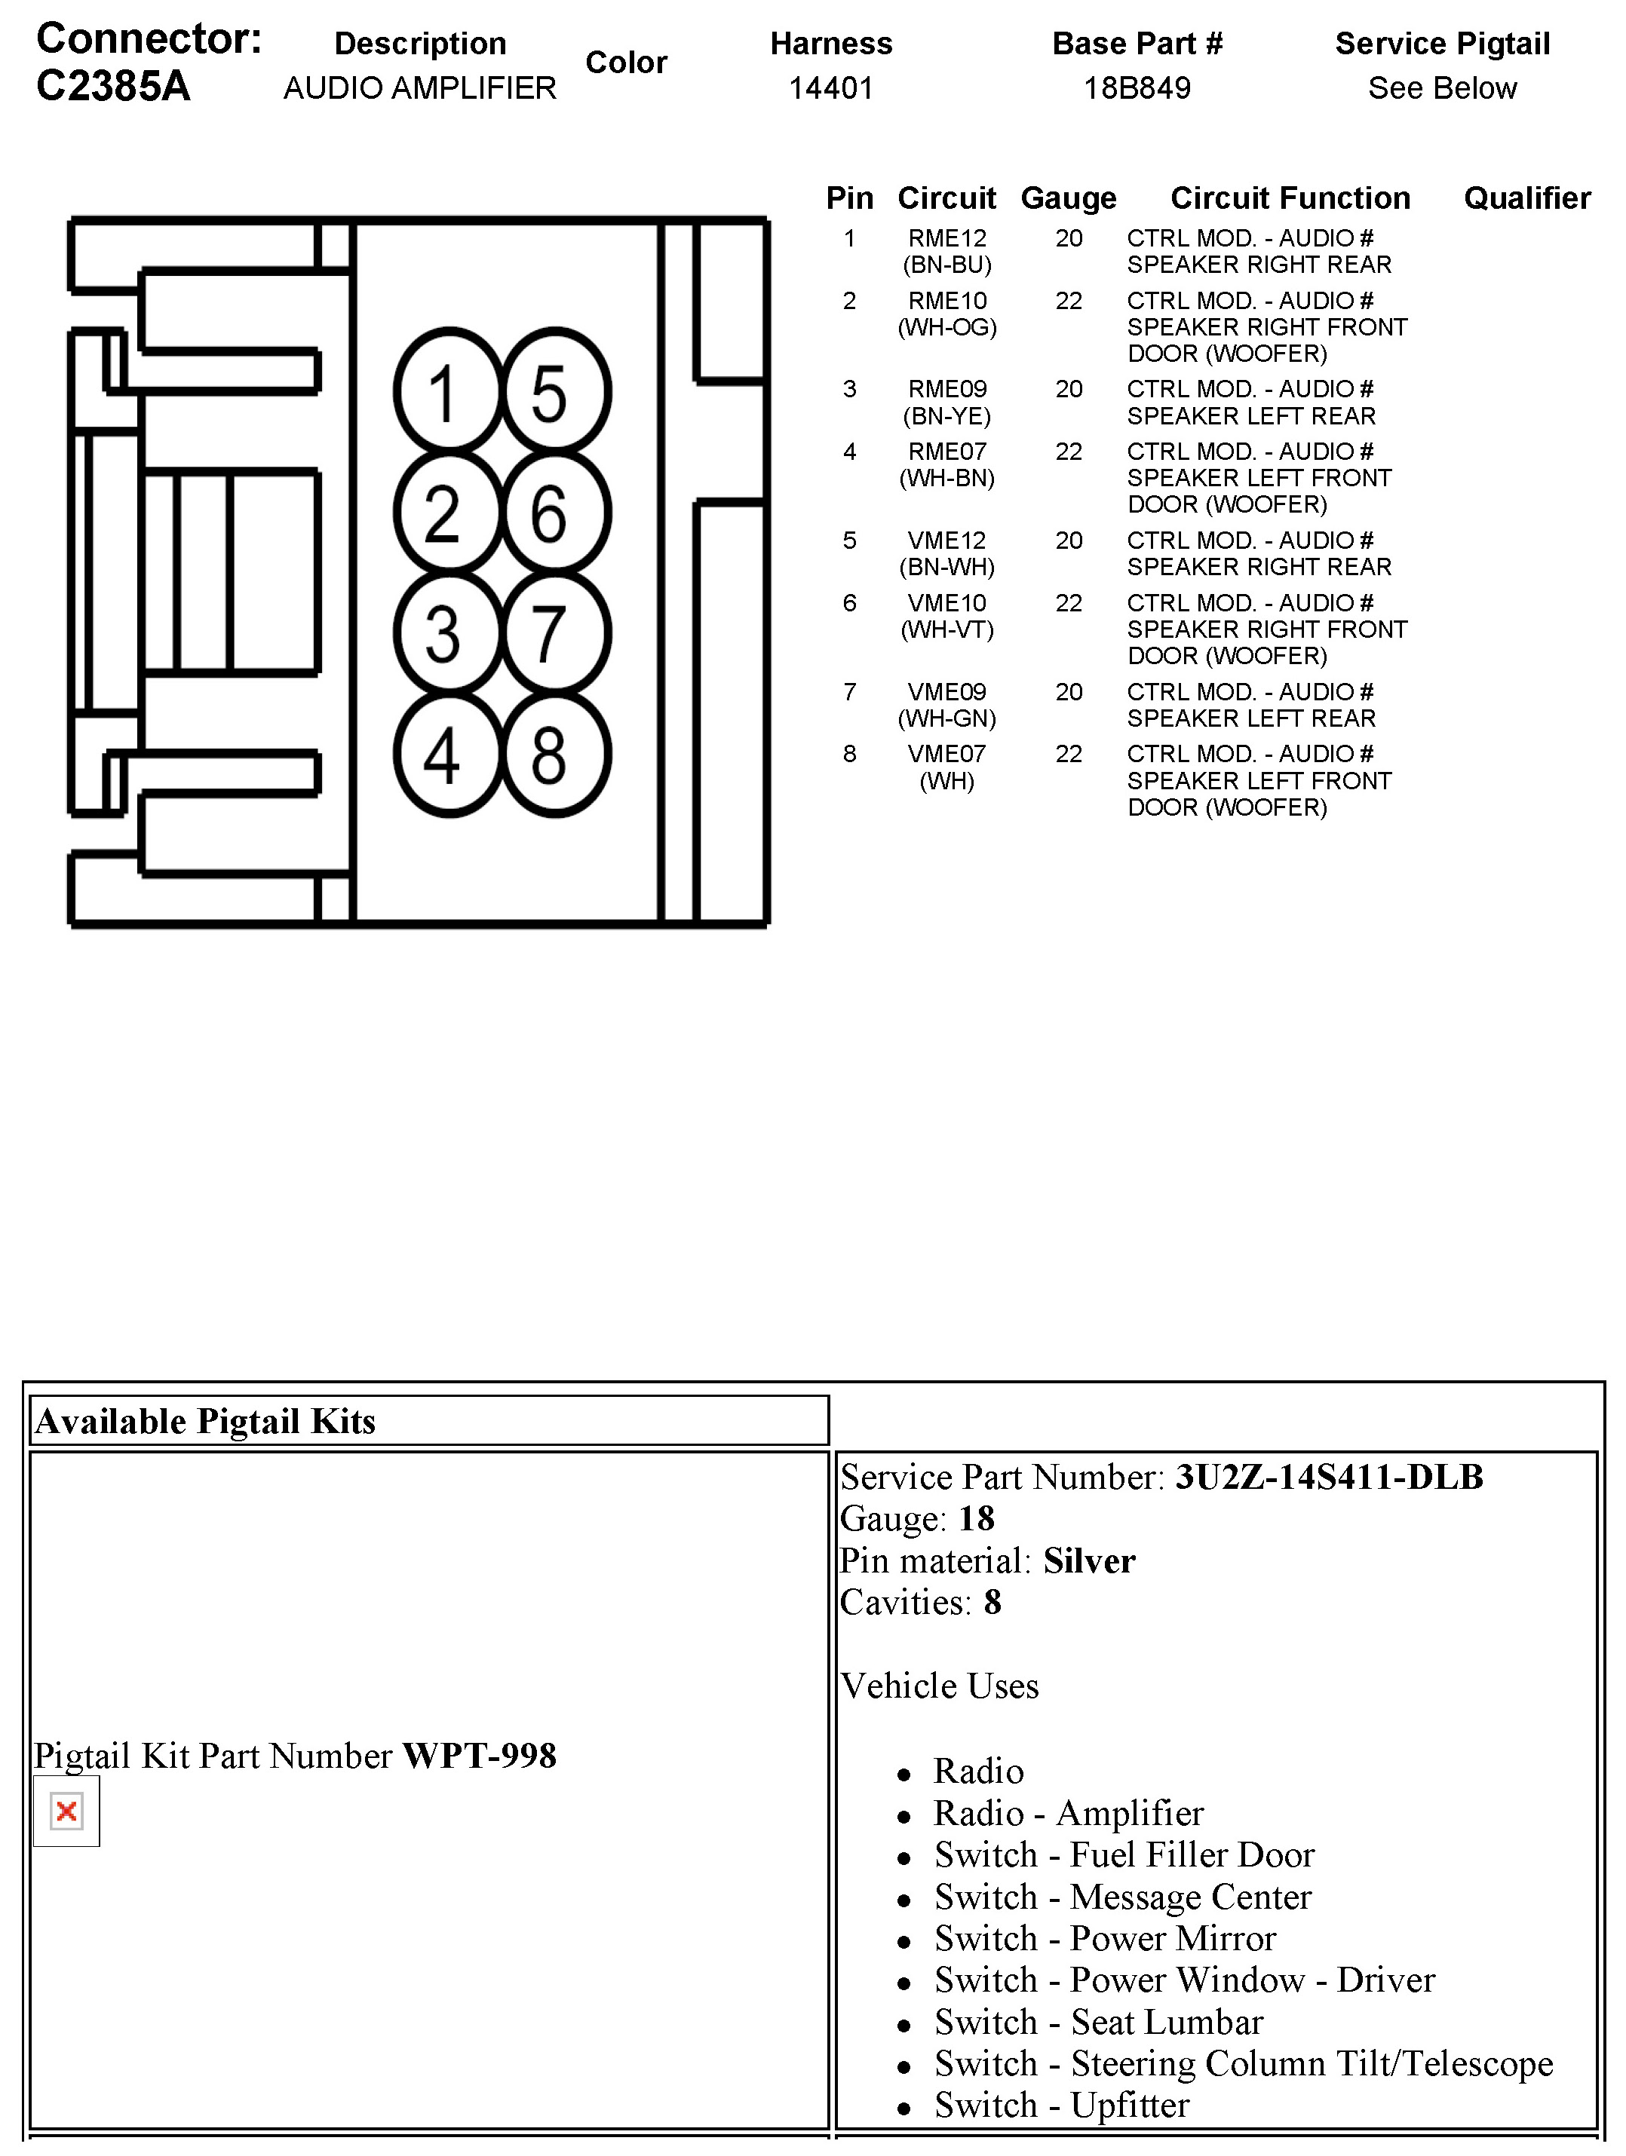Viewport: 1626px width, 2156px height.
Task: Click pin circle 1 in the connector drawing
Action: pyautogui.click(x=447, y=393)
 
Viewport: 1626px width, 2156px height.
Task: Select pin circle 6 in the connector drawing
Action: pyautogui.click(x=554, y=513)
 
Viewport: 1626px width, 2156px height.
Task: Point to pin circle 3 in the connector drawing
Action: pyautogui.click(x=447, y=633)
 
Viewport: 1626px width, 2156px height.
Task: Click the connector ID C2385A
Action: pyautogui.click(x=113, y=86)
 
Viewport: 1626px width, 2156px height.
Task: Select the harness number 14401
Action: pyautogui.click(x=830, y=89)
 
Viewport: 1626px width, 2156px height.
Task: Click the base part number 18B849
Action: pyautogui.click(x=1137, y=89)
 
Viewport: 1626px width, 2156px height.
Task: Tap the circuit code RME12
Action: pyautogui.click(x=946, y=239)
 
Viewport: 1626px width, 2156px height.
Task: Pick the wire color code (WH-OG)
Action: pyautogui.click(x=946, y=327)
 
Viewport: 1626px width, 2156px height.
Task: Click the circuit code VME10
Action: pyautogui.click(x=946, y=603)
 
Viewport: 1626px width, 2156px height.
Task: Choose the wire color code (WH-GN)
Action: pyautogui.click(x=946, y=718)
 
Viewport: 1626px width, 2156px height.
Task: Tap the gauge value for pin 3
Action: pyautogui.click(x=1069, y=390)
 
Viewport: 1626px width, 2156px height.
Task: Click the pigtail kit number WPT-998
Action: pyautogui.click(x=480, y=1756)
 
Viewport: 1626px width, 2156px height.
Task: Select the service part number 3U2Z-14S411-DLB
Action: pyautogui.click(x=1329, y=1477)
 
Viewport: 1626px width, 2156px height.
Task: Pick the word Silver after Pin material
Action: pyautogui.click(x=1089, y=1560)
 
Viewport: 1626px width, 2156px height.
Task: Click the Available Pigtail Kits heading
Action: pyautogui.click(x=206, y=1421)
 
